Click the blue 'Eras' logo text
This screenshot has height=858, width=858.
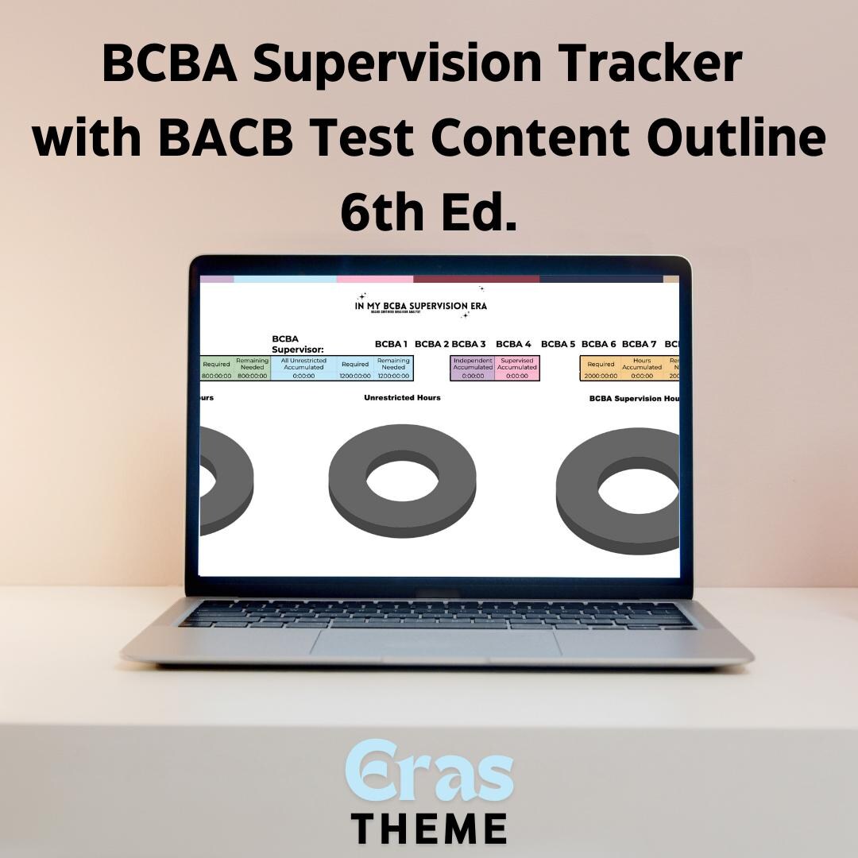click(x=429, y=771)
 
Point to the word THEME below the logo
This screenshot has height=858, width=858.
click(x=429, y=827)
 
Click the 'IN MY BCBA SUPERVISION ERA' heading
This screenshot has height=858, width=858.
click(x=421, y=306)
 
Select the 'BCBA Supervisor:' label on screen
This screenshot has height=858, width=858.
click(x=298, y=344)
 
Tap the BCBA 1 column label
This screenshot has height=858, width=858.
click(x=391, y=344)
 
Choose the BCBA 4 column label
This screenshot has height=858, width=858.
click(x=513, y=344)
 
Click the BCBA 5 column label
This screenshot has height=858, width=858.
click(x=558, y=344)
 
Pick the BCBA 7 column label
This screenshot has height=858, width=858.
click(x=639, y=344)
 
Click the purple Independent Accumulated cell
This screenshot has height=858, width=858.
click(x=473, y=368)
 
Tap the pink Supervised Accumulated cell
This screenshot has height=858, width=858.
click(x=517, y=368)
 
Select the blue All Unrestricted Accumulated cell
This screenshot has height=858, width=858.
click(x=303, y=368)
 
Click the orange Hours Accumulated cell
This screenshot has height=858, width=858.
click(x=642, y=368)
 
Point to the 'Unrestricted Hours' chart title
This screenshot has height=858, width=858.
click(x=402, y=397)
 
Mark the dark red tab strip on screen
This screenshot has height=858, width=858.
click(x=476, y=280)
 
